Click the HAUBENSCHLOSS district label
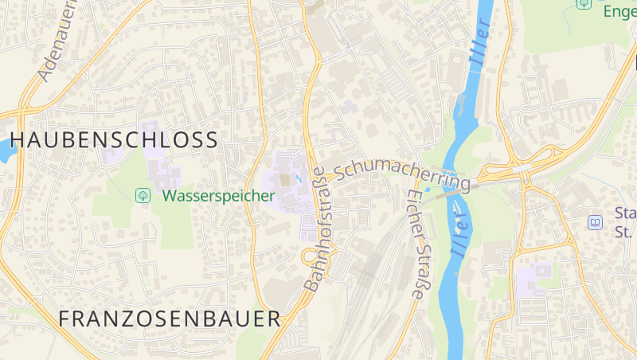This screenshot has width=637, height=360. [x=114, y=140]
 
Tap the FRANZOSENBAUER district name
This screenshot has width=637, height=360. [x=170, y=319]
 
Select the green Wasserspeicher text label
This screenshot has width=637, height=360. [x=218, y=195]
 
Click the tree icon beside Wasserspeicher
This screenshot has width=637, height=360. [x=143, y=194]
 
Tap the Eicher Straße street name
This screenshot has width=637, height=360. [x=417, y=244]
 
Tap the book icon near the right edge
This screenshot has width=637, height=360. [x=595, y=222]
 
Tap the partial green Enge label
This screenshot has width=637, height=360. [x=619, y=11]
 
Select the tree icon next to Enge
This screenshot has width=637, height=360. [x=584, y=4]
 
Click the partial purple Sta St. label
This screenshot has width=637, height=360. [x=624, y=222]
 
